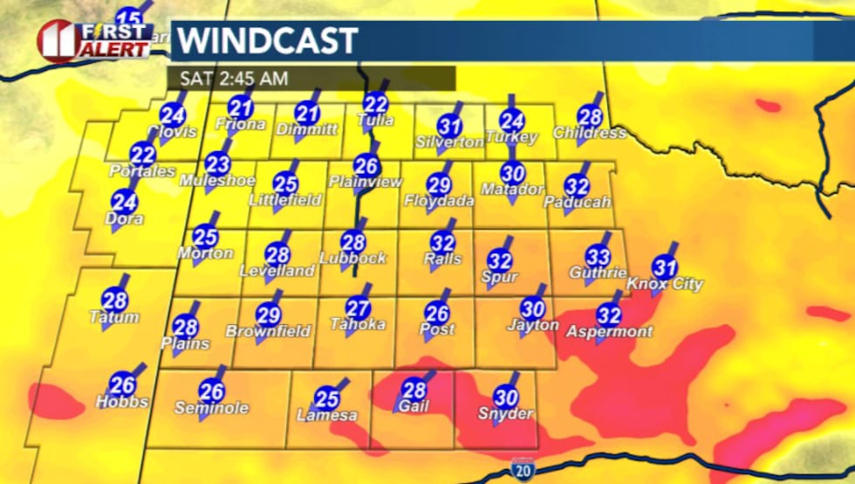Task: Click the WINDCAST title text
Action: [268, 41]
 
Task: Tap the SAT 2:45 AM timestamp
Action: [233, 78]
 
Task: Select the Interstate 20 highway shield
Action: [523, 468]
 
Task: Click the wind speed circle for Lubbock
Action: [353, 242]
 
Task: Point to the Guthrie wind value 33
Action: [598, 256]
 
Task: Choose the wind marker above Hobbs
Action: [123, 384]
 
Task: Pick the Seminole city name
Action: [211, 408]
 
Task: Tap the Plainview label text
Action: [366, 182]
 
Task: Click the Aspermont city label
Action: [609, 332]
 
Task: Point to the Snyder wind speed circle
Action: [506, 397]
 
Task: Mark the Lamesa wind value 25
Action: [326, 398]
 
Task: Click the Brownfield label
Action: [268, 332]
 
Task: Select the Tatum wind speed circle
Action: [114, 300]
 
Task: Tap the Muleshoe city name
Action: [217, 181]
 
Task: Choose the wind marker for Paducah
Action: [577, 185]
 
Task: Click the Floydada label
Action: [439, 201]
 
